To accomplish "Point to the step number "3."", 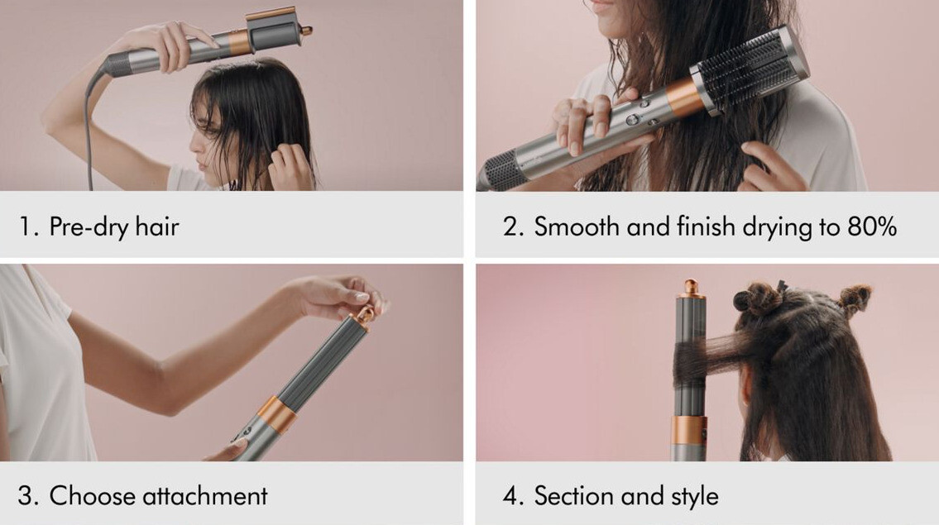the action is (x=28, y=496).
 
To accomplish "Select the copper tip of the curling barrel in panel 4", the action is (x=691, y=288).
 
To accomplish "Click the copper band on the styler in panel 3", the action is (x=277, y=414).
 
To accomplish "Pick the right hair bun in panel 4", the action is (x=855, y=299).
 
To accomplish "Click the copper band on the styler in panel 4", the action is (x=688, y=431).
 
